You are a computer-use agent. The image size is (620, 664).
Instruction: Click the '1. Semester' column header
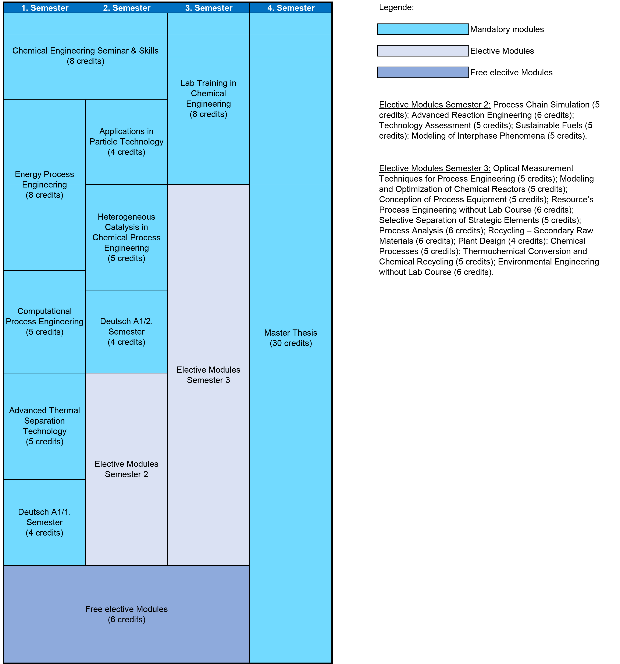(45, 8)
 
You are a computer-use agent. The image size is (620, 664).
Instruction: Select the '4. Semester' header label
(291, 8)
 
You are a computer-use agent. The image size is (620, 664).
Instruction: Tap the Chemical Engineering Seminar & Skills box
(85, 56)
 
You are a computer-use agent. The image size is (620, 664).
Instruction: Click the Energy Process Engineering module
(44, 185)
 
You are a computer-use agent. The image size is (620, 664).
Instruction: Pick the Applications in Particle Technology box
(127, 142)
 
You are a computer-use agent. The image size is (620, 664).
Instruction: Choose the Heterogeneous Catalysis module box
(127, 237)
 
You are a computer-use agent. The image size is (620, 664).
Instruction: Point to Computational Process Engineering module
(44, 321)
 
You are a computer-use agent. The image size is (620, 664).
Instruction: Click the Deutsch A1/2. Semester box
(127, 332)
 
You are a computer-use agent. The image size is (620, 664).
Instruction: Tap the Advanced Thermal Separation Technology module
(44, 426)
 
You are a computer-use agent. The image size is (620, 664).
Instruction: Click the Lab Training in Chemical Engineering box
(208, 99)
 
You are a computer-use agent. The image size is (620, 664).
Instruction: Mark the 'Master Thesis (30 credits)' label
(291, 338)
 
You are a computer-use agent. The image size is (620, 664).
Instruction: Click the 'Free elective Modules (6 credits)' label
(127, 614)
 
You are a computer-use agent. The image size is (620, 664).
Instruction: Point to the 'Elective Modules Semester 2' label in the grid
(127, 469)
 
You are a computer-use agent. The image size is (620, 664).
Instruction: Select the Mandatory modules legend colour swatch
(423, 29)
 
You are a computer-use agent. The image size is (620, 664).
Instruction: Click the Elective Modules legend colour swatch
(423, 51)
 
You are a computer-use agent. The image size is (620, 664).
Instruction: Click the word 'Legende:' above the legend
(396, 7)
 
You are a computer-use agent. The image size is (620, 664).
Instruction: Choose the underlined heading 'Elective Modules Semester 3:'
(434, 168)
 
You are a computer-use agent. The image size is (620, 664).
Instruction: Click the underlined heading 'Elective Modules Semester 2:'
(434, 105)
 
